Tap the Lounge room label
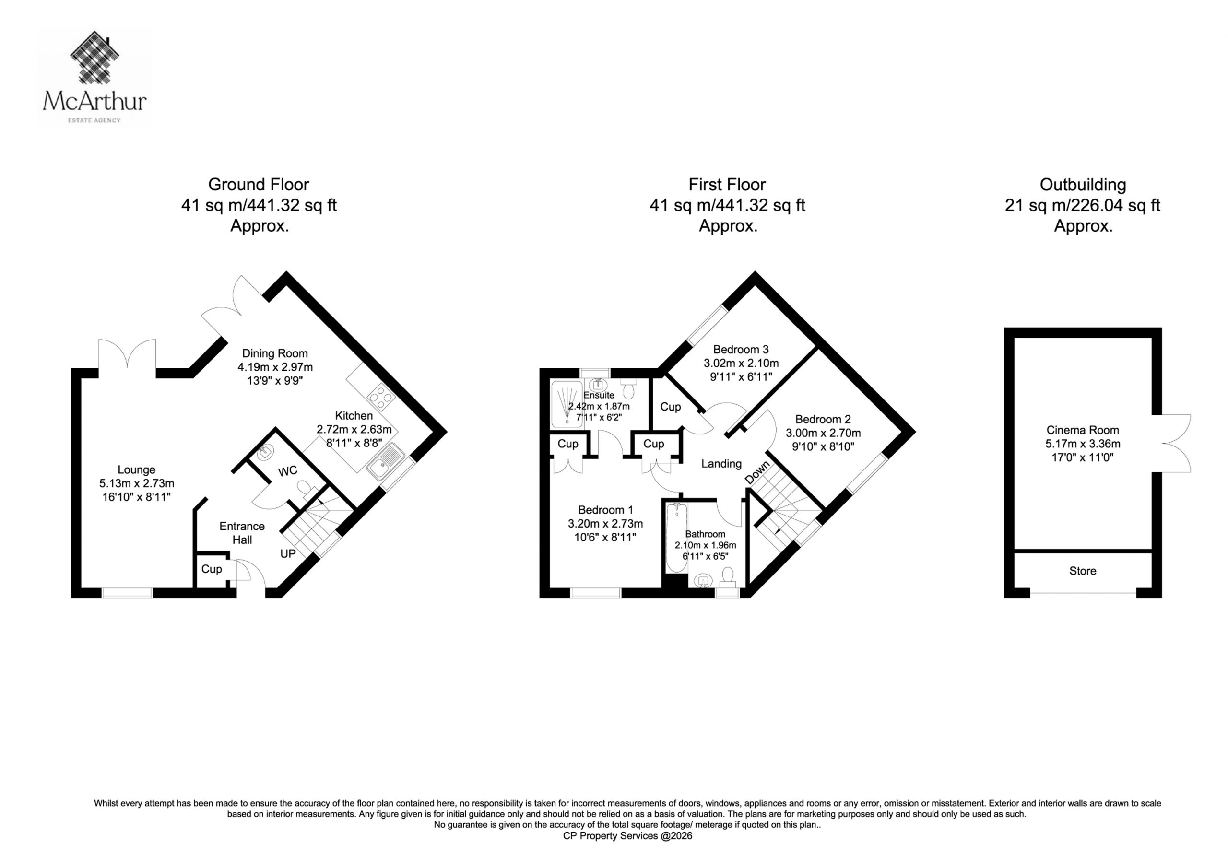136,469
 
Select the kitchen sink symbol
385,461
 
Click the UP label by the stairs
288,553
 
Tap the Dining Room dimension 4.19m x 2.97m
275,367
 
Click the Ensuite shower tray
567,404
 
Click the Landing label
721,464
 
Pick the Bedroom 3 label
741,349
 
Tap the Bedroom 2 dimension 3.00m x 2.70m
823,433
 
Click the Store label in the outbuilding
1083,571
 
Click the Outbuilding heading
1083,185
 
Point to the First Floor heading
727,185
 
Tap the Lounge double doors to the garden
127,354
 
